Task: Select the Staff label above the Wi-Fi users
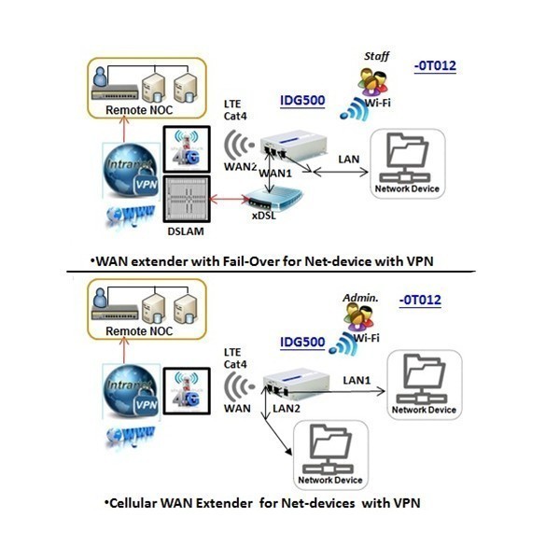pyautogui.click(x=374, y=58)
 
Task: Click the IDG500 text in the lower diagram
pyautogui.click(x=303, y=342)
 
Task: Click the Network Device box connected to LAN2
pyautogui.click(x=329, y=455)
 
